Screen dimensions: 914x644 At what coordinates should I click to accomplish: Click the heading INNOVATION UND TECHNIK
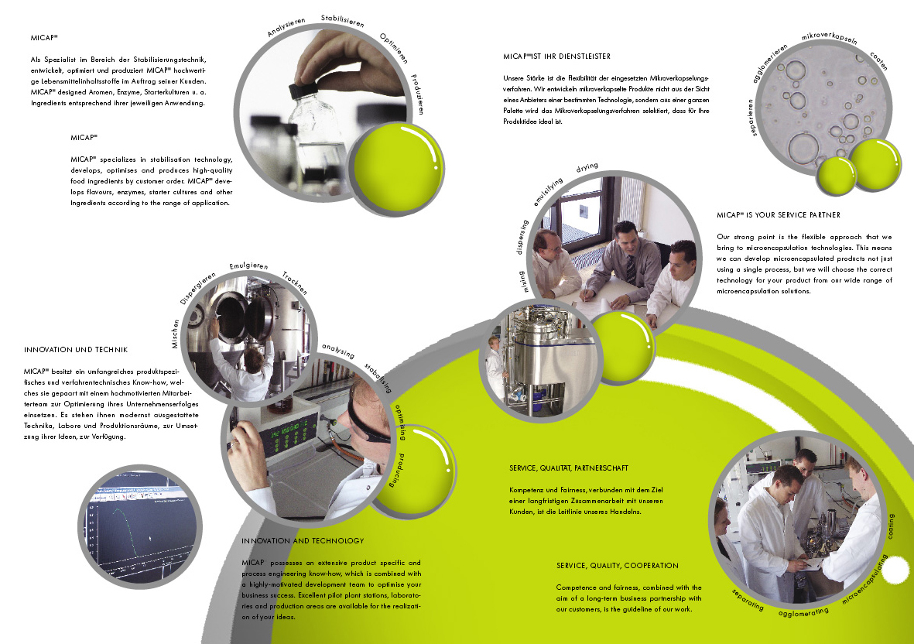[76, 350]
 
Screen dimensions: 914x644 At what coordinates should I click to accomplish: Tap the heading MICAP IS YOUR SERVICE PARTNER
[779, 215]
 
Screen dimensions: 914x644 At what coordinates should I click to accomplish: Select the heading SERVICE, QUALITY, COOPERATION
[618, 566]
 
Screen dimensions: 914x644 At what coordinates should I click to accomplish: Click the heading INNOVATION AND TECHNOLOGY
[303, 541]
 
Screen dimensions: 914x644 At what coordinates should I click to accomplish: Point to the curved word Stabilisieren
[343, 21]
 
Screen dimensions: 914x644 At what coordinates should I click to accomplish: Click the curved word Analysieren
[286, 27]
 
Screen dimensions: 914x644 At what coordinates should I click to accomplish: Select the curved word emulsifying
[548, 192]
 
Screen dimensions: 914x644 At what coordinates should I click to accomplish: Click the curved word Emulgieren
[249, 266]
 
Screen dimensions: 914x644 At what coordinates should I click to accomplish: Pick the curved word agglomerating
[803, 612]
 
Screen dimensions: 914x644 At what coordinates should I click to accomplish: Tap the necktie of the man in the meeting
[631, 270]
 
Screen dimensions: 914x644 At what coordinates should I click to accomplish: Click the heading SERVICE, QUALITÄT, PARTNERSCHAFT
[569, 468]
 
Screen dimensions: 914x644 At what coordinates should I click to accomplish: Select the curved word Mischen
[176, 334]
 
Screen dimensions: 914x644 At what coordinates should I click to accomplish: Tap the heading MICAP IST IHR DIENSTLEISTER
[556, 57]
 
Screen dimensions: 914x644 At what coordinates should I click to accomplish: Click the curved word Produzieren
[417, 94]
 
